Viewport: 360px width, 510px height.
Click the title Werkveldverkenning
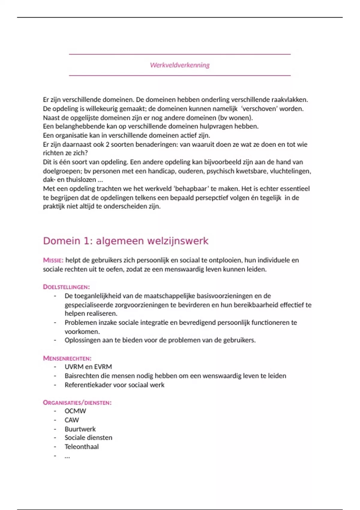pyautogui.click(x=180, y=65)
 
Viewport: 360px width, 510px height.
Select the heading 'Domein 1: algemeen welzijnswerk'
pyautogui.click(x=125, y=241)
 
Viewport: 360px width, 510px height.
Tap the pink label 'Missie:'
pyautogui.click(x=53, y=260)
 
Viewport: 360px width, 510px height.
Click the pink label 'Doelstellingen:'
pyautogui.click(x=66, y=287)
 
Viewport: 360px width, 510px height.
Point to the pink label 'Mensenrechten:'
pyautogui.click(x=67, y=358)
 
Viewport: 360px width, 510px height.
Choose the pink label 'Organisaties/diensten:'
pyautogui.click(x=77, y=403)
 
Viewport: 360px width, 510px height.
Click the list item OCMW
pyautogui.click(x=75, y=411)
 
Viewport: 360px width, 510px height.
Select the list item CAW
pyautogui.click(x=72, y=420)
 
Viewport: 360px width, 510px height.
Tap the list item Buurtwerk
pyautogui.click(x=80, y=429)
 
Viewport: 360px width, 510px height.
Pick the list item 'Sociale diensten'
pyautogui.click(x=88, y=438)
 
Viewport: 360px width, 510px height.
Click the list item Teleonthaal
pyautogui.click(x=82, y=447)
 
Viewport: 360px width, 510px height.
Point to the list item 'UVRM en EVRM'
pyautogui.click(x=88, y=367)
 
